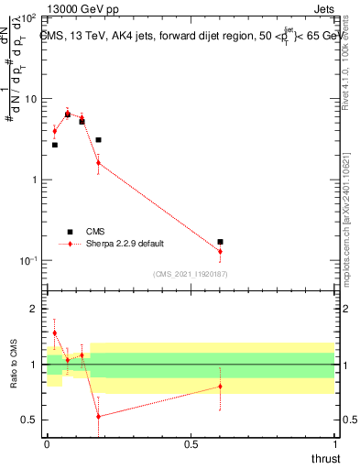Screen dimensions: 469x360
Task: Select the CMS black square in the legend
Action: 69,232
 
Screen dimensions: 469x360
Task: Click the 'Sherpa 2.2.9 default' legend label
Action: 125,244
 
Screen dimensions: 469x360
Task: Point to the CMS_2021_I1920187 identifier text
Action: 190,274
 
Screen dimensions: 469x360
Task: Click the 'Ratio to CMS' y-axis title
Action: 15,365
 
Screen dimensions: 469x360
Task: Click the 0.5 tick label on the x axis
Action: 191,444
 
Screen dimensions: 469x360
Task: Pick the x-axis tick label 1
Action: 334,444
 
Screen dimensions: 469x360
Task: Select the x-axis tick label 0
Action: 47,444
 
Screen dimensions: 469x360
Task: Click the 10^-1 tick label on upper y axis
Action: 27,261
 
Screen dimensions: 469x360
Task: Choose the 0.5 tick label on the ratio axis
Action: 29,420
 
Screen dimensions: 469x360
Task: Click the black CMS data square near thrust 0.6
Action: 220,242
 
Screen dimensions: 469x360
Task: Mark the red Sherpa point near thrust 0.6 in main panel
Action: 220,251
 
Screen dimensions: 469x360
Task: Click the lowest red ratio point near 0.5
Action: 98,416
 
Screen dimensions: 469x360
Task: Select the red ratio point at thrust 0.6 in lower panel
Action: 220,386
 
